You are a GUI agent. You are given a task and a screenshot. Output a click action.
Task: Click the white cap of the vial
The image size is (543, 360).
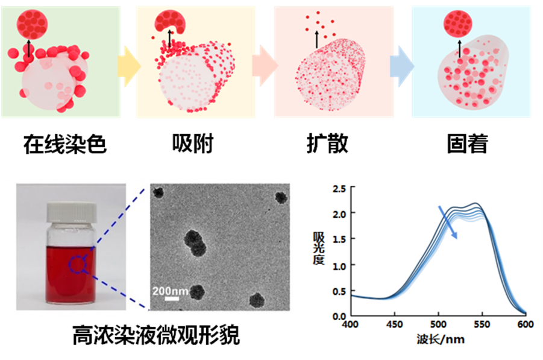[71, 210]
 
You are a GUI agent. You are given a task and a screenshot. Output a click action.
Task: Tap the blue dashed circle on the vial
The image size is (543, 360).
[78, 264]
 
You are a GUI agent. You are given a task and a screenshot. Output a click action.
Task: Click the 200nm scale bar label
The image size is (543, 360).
[171, 291]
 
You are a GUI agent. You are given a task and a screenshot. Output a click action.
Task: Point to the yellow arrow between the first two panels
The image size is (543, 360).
[127, 63]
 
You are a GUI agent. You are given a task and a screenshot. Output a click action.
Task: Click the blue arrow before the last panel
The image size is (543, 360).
[400, 63]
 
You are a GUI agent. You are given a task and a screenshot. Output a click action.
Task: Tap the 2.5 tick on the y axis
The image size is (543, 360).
[339, 189]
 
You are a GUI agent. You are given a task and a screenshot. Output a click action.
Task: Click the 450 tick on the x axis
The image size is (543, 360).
[394, 324]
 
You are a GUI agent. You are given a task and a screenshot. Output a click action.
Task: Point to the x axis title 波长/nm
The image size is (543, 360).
[440, 339]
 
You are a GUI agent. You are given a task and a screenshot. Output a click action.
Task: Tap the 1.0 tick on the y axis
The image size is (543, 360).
[339, 265]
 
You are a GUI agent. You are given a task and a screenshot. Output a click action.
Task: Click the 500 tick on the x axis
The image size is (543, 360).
[438, 324]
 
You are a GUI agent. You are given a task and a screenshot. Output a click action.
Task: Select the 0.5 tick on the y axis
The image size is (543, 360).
[339, 291]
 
